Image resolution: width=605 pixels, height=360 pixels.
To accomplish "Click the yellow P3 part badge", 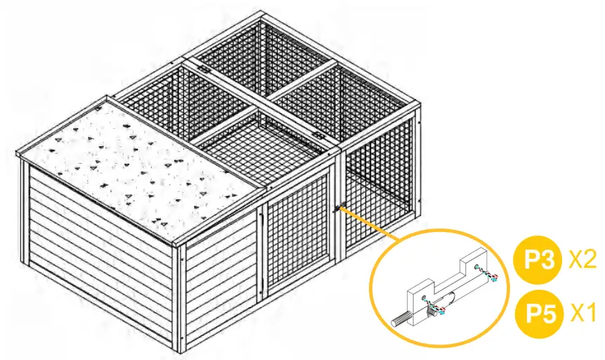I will [x=538, y=260].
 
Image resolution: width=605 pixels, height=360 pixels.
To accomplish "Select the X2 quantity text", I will [x=583, y=259].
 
